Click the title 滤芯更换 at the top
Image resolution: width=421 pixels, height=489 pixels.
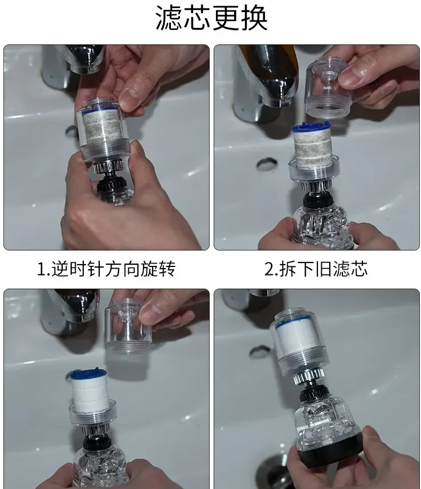pos(211,19)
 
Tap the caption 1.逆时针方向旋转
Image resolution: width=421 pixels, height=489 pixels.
pos(106,269)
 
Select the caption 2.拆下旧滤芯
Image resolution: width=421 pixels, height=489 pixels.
pos(316,269)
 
